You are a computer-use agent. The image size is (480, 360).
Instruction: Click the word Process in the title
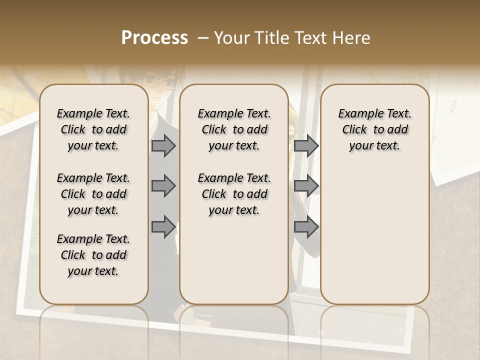(x=154, y=38)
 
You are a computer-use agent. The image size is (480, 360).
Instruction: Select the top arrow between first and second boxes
(x=163, y=145)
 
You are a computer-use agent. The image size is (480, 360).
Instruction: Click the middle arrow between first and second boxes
(x=163, y=186)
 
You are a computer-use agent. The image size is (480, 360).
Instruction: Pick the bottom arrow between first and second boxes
(x=163, y=226)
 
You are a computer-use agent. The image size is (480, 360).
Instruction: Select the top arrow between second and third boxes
(x=306, y=145)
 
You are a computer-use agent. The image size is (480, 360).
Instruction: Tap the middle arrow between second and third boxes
(x=306, y=186)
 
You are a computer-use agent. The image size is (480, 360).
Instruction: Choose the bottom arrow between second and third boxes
(x=306, y=226)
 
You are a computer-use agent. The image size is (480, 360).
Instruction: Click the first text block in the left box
(x=93, y=129)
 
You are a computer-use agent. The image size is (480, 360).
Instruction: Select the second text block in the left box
(x=93, y=194)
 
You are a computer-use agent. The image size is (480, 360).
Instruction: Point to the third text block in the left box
(x=93, y=255)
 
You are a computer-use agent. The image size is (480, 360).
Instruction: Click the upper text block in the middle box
(x=234, y=129)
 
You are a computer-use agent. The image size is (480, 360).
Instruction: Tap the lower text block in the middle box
(x=234, y=194)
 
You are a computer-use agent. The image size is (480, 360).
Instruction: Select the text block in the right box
(x=374, y=129)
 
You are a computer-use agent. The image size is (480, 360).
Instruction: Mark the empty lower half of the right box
(x=374, y=235)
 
